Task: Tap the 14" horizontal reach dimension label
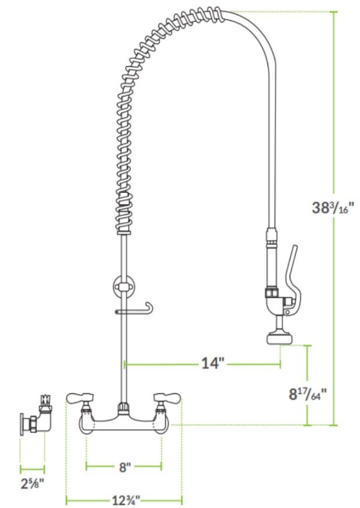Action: [213, 363]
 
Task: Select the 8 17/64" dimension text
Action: [308, 394]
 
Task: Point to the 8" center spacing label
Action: [124, 467]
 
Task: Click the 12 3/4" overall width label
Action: [126, 500]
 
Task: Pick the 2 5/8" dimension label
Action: [32, 484]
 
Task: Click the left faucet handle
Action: [80, 398]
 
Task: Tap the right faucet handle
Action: [167, 397]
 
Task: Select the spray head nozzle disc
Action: [280, 339]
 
